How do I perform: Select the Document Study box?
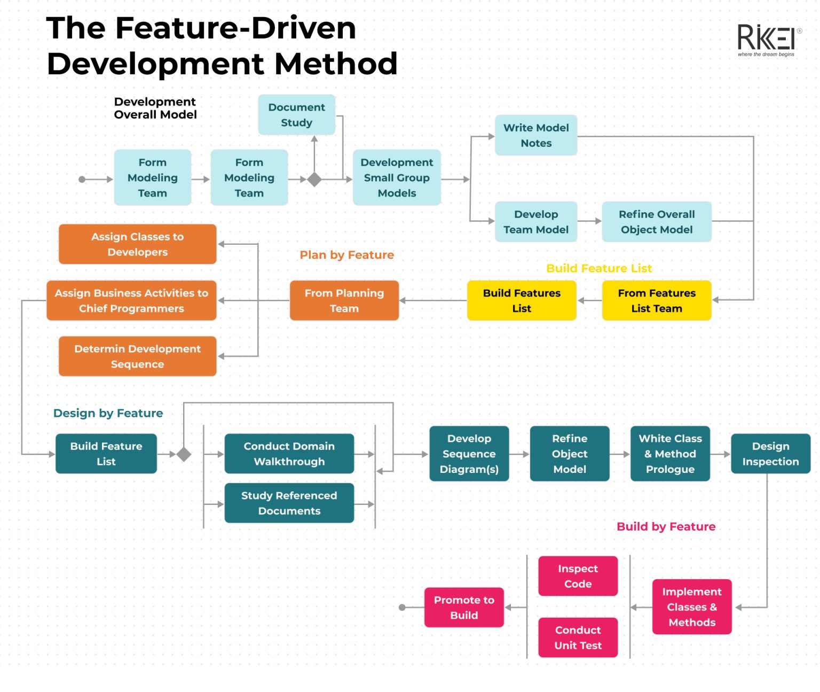click(x=296, y=115)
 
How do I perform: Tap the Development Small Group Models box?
click(x=397, y=177)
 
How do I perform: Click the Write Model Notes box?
click(x=536, y=135)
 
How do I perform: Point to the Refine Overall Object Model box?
click(x=657, y=222)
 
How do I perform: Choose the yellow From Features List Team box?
click(x=657, y=300)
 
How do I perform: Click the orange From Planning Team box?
click(x=344, y=300)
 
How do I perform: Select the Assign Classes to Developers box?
click(x=137, y=244)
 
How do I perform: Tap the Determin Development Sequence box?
click(x=137, y=356)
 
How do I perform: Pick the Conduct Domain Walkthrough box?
click(x=289, y=454)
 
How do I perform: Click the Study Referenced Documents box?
click(x=289, y=503)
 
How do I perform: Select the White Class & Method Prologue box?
click(x=670, y=454)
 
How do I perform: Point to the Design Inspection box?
click(x=770, y=454)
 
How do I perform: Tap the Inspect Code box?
click(x=578, y=576)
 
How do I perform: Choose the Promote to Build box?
click(x=464, y=608)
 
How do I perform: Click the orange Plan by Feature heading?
click(x=346, y=255)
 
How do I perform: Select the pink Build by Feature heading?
click(x=666, y=526)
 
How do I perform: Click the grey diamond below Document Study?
click(x=314, y=180)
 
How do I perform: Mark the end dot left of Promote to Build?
click(x=403, y=608)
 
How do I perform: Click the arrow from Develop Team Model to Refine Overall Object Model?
click(x=590, y=221)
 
